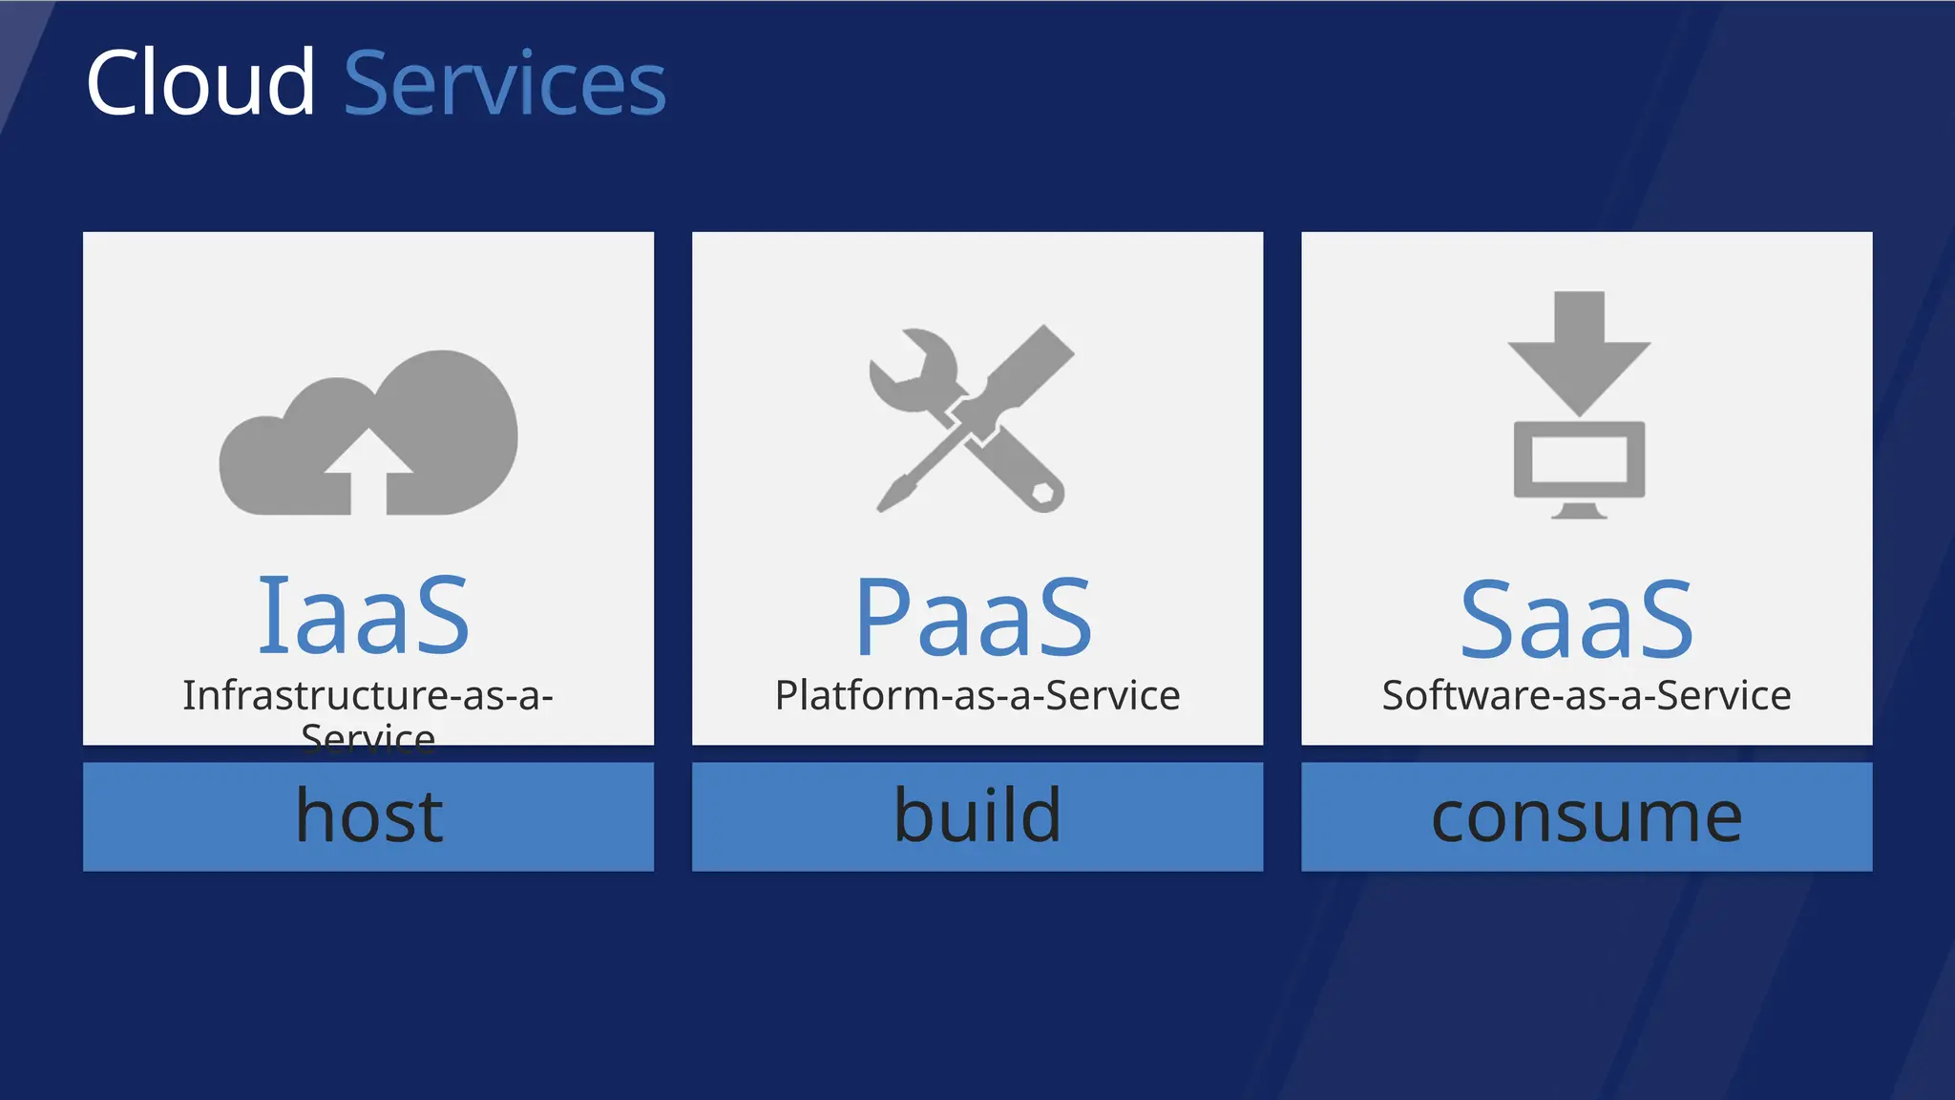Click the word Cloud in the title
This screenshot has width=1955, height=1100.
[200, 84]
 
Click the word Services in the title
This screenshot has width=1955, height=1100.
[504, 86]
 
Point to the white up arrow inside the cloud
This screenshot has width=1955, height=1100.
[368, 468]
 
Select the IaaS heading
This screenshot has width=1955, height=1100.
[364, 616]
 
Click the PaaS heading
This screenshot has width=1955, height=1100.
[974, 619]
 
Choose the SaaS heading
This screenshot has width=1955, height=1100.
[1577, 621]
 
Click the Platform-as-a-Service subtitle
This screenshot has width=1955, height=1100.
[977, 695]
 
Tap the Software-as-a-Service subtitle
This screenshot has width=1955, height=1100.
[1587, 695]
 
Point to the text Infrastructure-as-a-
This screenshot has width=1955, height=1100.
[368, 695]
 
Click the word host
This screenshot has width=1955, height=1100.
[369, 816]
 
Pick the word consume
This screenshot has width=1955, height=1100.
[1587, 817]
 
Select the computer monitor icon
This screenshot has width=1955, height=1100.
[1579, 460]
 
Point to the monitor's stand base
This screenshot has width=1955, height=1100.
[1579, 514]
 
